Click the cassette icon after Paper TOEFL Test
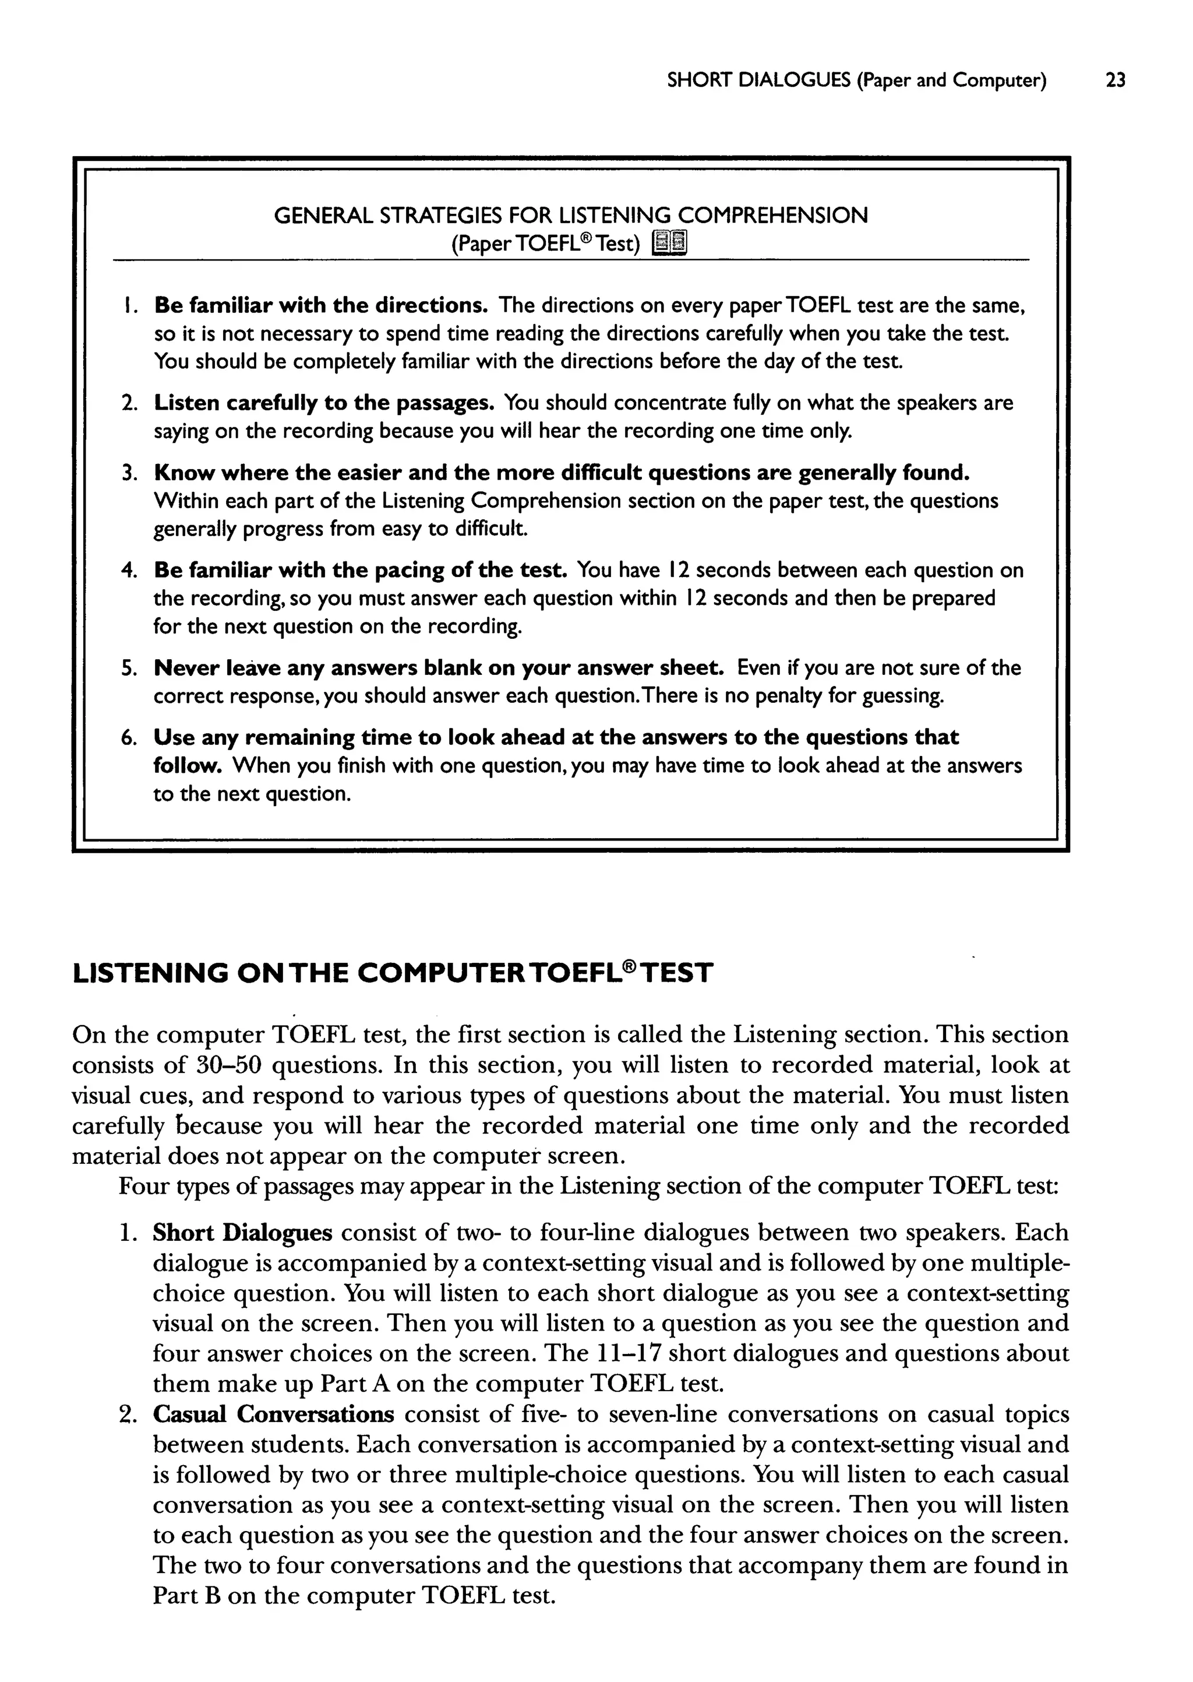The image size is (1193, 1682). click(x=670, y=242)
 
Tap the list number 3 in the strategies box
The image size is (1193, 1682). click(x=129, y=473)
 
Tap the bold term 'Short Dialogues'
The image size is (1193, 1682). click(x=242, y=1232)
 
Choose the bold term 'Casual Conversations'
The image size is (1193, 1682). click(x=273, y=1414)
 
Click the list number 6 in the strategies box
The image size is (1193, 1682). click(x=129, y=738)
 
